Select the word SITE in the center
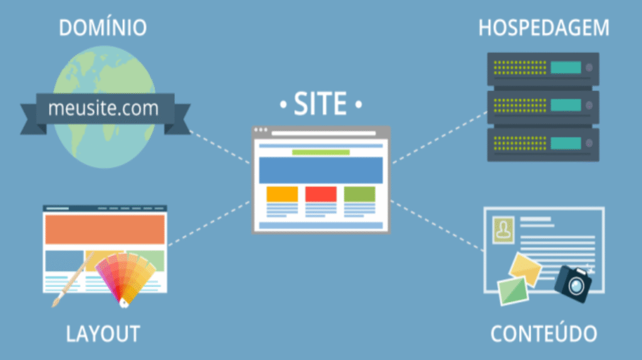(320, 104)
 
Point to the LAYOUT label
(103, 332)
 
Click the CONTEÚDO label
(543, 332)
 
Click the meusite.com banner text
(103, 108)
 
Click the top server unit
(543, 68)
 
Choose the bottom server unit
(543, 144)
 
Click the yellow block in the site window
(282, 194)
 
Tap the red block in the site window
(321, 194)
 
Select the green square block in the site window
(359, 194)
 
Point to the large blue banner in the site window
(320, 170)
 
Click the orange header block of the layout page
(105, 229)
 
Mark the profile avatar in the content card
(502, 228)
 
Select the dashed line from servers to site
(439, 137)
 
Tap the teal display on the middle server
(566, 106)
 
